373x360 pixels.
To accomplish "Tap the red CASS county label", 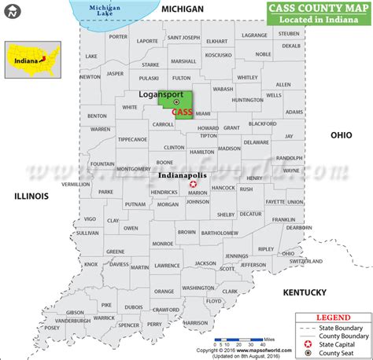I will [182, 112].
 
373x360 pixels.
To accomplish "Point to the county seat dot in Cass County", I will [176, 101].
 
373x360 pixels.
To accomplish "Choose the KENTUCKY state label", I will [305, 292].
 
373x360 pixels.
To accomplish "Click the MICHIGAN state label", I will [183, 9].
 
